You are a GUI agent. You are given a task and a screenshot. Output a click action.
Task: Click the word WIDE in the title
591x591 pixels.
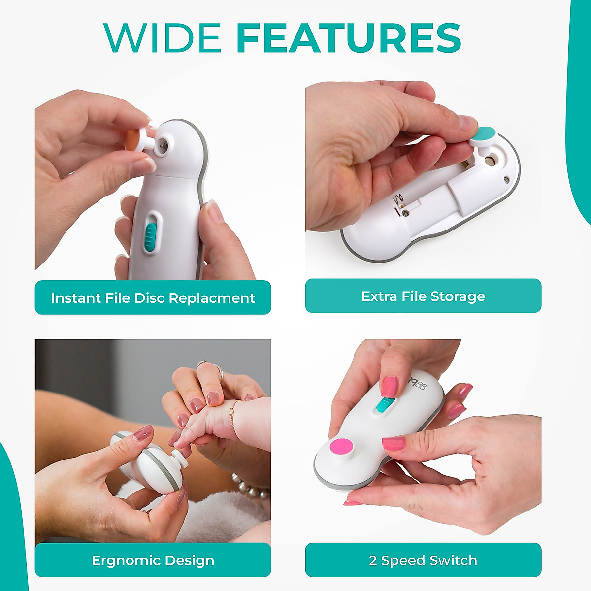pos(163,37)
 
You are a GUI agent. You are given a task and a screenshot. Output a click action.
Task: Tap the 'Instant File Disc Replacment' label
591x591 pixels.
pos(153,298)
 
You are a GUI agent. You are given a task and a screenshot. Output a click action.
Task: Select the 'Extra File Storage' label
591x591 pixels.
pos(423,296)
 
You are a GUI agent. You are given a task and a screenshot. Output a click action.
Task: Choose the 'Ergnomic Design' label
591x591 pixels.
pos(153,560)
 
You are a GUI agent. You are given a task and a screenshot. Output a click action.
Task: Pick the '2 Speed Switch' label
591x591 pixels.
pos(423,560)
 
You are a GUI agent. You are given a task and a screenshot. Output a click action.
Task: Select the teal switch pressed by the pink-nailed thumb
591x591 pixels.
pos(383,405)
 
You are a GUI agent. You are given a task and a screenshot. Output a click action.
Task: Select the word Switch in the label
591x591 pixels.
pos(453,560)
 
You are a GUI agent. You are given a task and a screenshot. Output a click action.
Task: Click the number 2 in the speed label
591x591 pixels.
pos(373,560)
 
